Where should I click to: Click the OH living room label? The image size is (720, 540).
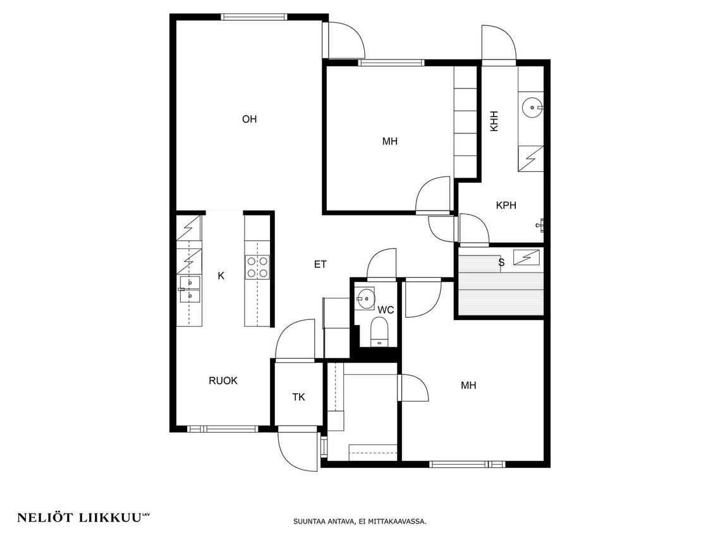[x=249, y=120]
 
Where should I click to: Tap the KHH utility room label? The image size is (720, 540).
[x=494, y=121]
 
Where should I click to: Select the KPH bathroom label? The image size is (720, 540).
[x=506, y=206]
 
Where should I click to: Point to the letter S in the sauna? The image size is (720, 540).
[x=501, y=262]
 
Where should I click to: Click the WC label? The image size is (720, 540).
[x=386, y=310]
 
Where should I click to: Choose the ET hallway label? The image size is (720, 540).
[x=320, y=264]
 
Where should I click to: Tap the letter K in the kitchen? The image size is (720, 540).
[x=221, y=276]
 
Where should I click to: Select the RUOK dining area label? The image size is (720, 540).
[x=223, y=381]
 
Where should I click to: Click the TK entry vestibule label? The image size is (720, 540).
[x=298, y=397]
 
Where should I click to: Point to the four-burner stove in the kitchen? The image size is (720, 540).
[x=257, y=267]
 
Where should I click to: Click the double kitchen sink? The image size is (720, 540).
[x=190, y=290]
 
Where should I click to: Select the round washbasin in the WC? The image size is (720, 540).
[x=366, y=298]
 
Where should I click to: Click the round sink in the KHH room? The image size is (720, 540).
[x=532, y=107]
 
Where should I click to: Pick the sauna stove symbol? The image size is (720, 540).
[x=526, y=257]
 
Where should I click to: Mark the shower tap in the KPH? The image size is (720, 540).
[x=540, y=224]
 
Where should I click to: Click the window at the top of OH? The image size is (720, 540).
[x=254, y=17]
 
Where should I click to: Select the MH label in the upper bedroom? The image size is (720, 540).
[x=390, y=142]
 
